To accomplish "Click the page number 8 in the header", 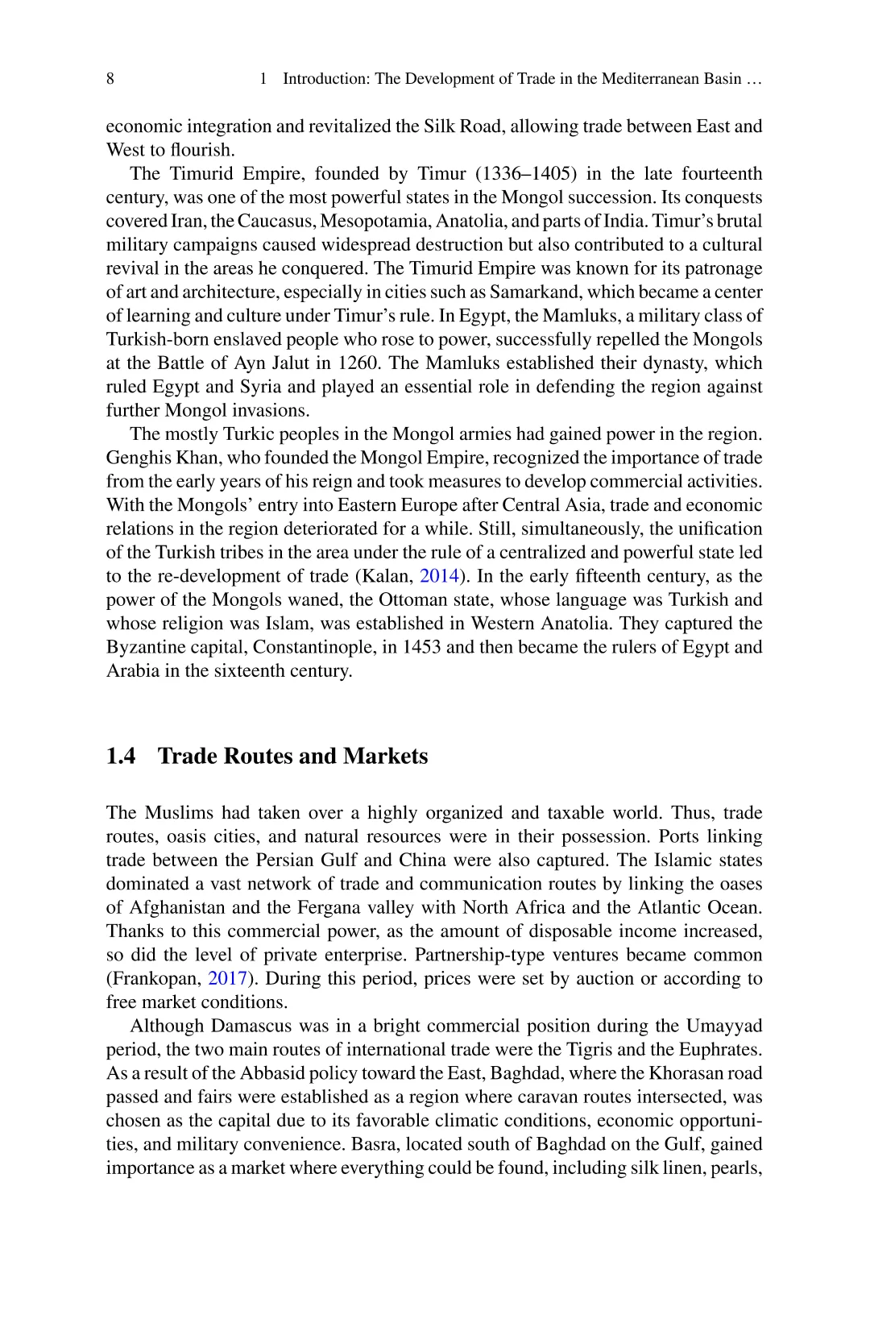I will (110, 79).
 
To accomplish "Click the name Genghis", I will (137, 458).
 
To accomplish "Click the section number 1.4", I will (121, 757).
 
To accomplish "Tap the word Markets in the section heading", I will (385, 757).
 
